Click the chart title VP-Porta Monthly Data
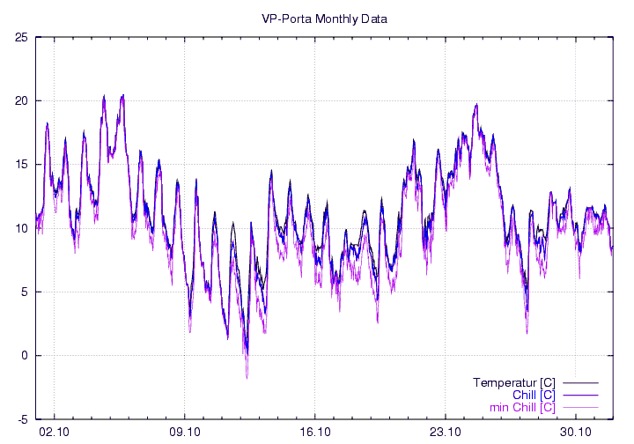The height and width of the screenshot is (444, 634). pos(325,18)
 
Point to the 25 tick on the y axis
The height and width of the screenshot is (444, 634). pos(21,37)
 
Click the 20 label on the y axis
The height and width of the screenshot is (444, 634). pos(21,100)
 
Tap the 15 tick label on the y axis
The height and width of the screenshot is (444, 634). pos(21,165)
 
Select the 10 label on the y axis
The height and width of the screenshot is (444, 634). pos(21,228)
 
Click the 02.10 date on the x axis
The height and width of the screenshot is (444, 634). pos(55,432)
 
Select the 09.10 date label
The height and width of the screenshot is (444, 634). pos(185,432)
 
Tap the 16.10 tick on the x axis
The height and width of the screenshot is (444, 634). pos(315,432)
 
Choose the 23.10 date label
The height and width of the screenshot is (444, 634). pos(446,432)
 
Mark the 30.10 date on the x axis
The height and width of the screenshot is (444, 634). pos(576,432)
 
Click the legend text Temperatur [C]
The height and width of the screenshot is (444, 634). pos(513,382)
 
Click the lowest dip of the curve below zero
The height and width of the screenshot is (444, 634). pos(247,377)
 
